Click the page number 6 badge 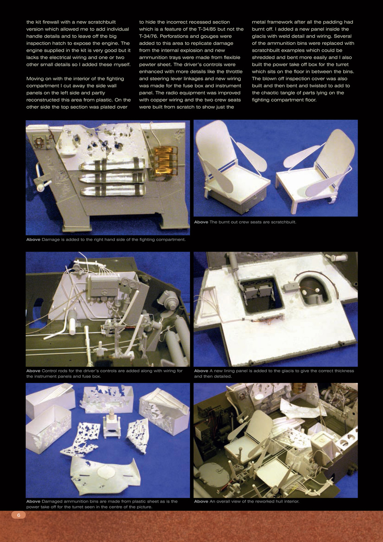click(18, 515)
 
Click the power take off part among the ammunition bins click(112, 424)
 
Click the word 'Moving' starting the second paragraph click(36, 79)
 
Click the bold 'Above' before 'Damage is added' click(33, 240)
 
